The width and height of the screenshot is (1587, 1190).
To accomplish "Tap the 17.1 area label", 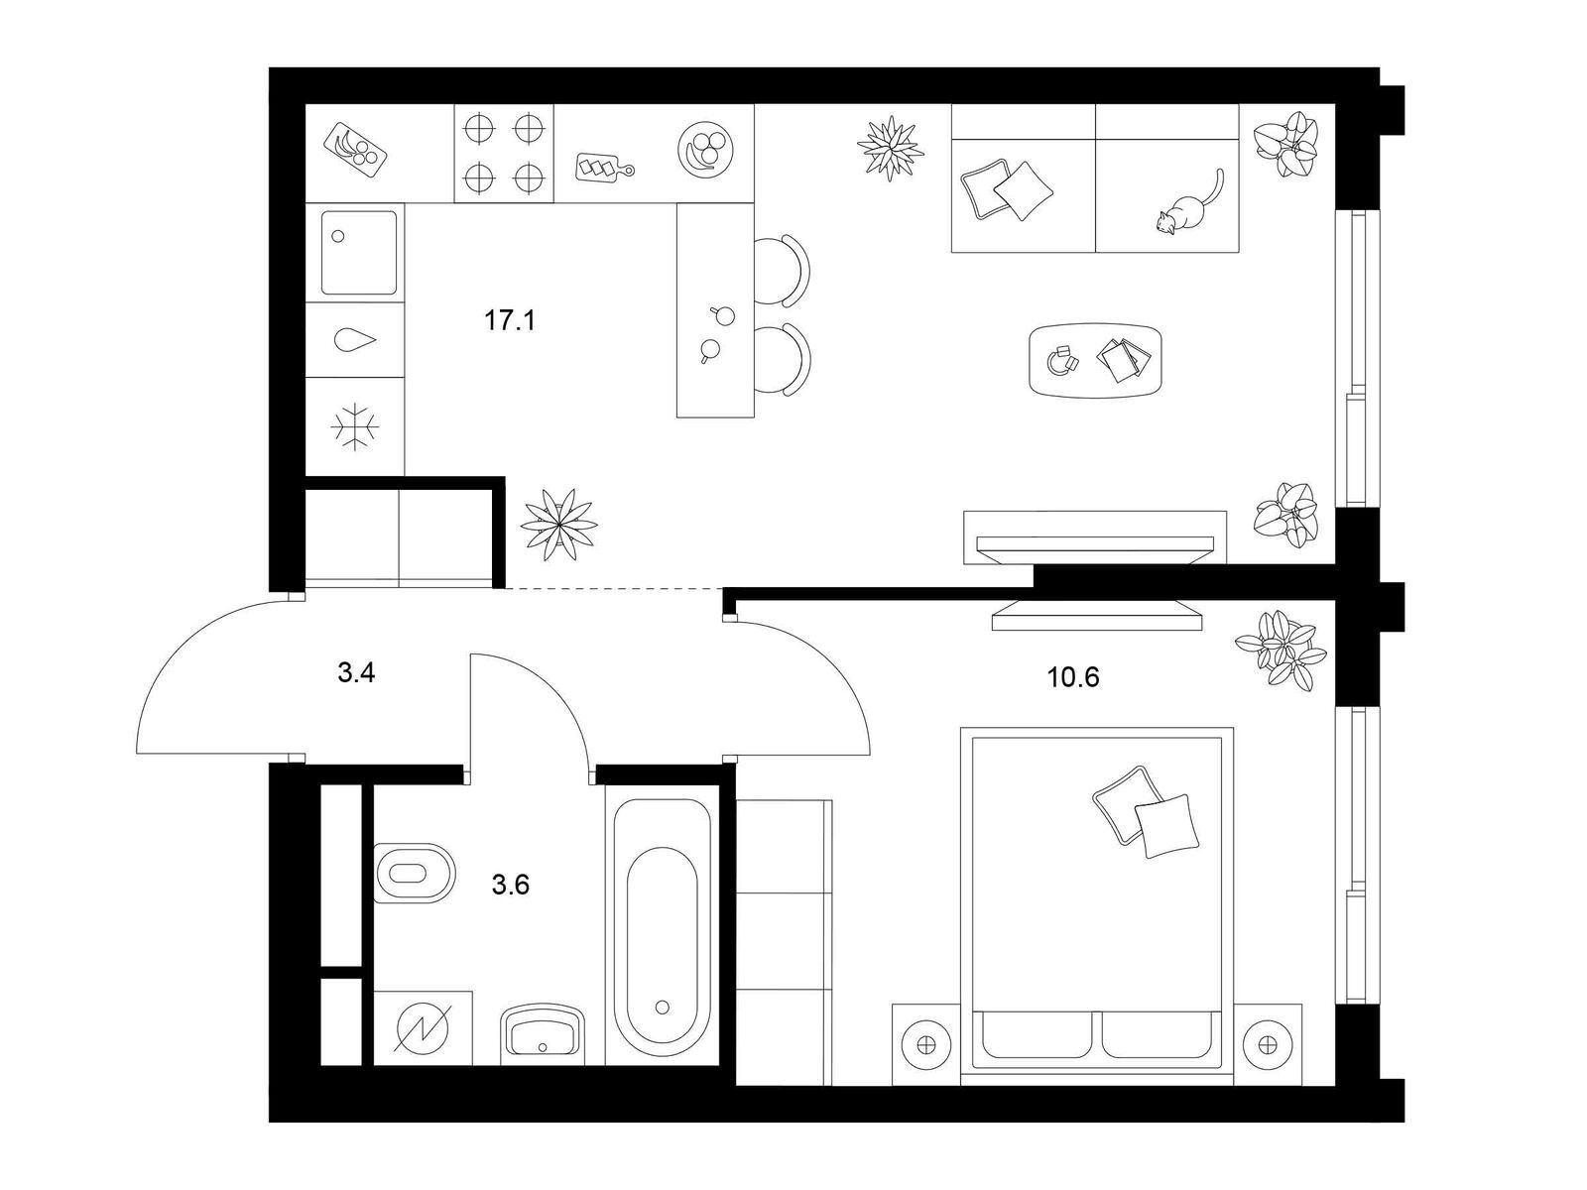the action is [510, 320].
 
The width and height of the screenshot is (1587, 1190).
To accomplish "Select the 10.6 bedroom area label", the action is [1073, 677].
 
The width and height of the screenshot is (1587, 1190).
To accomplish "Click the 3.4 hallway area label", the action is [356, 672].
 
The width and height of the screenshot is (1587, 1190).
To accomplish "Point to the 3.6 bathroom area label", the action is [511, 885].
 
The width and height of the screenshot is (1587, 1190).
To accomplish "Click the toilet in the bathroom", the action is [415, 873].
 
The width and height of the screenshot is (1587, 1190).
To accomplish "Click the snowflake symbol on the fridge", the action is [354, 426].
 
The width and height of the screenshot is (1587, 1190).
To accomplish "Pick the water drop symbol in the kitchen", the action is [356, 339].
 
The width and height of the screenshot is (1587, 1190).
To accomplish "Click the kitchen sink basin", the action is [359, 252].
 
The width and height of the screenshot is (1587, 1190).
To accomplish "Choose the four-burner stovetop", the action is [503, 153].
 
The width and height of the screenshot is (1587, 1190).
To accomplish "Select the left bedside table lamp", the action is [926, 1045].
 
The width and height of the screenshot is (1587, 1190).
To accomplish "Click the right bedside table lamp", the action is [1266, 1045].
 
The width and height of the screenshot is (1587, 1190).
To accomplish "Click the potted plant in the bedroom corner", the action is [1280, 650].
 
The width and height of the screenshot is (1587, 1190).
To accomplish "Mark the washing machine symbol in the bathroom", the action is [423, 1027].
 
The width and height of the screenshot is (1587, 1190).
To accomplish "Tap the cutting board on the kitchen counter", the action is [604, 167].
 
